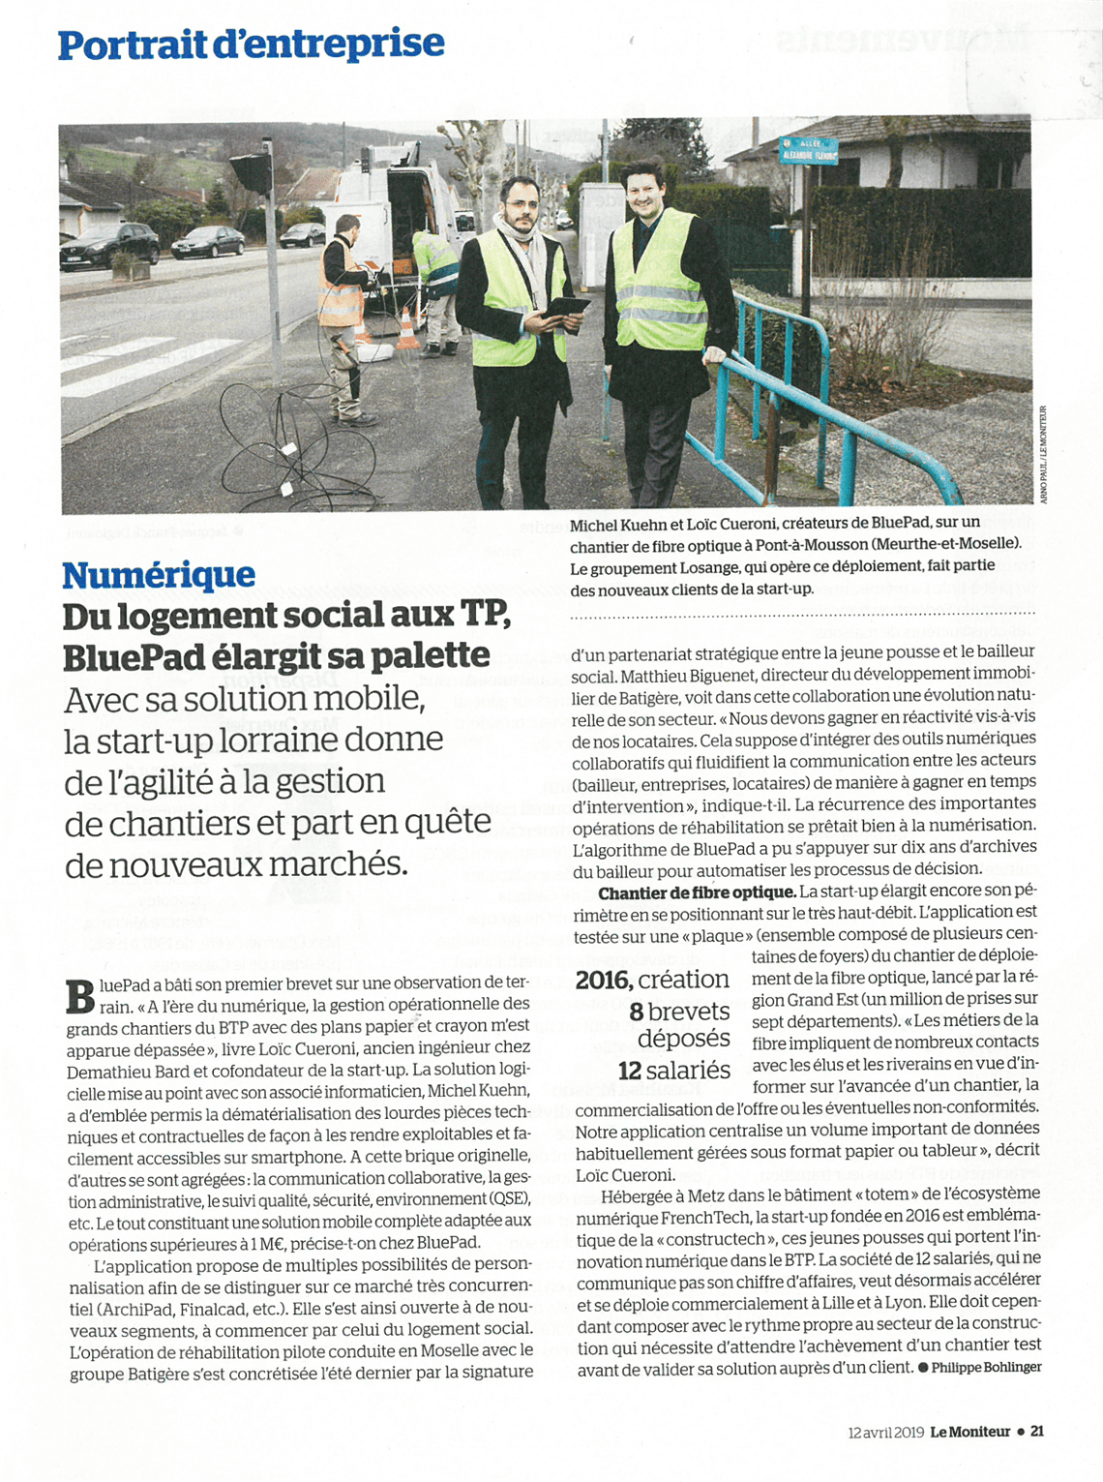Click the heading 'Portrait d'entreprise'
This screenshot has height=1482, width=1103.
pyautogui.click(x=251, y=45)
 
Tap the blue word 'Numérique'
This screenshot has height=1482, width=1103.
pyautogui.click(x=159, y=575)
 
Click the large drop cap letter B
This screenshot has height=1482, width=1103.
pyautogui.click(x=80, y=996)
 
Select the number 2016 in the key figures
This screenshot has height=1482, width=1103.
pyautogui.click(x=604, y=980)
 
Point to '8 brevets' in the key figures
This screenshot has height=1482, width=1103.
pyautogui.click(x=679, y=1012)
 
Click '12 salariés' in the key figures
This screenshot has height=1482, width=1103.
pyautogui.click(x=673, y=1071)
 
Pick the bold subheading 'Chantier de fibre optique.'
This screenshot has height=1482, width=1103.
pyautogui.click(x=697, y=892)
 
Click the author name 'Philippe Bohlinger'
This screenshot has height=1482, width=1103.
pyautogui.click(x=986, y=1367)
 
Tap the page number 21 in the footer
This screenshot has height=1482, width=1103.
pyautogui.click(x=1036, y=1432)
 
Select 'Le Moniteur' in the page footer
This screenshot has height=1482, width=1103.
pyautogui.click(x=969, y=1432)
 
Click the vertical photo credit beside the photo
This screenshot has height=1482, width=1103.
pyautogui.click(x=1043, y=454)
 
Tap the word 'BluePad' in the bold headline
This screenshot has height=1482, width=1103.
pyautogui.click(x=140, y=657)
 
